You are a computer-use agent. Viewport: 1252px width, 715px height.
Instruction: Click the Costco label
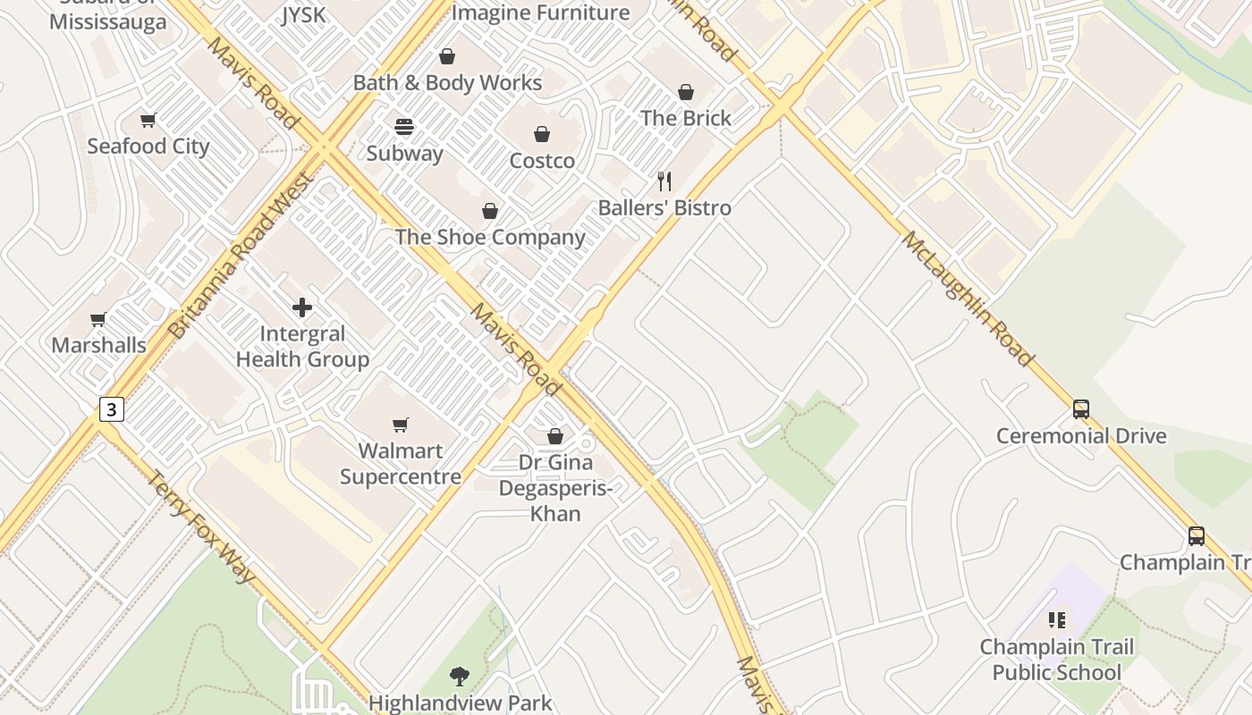[542, 161]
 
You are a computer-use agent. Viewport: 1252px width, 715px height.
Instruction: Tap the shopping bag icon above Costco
[542, 135]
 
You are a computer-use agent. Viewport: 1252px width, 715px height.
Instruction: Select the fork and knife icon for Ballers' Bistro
[664, 181]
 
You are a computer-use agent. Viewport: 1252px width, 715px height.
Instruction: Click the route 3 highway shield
[111, 409]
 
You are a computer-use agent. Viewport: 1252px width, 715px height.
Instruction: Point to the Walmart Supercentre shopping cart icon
[401, 425]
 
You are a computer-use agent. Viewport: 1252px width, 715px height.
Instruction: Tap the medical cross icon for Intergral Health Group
[302, 307]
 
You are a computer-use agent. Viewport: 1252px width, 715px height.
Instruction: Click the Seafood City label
[148, 147]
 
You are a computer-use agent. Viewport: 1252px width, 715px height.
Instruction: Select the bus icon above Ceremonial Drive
[1081, 409]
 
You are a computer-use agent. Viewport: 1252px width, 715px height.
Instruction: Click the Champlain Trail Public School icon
[1057, 619]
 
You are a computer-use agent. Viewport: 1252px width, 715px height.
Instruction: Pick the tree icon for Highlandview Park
[460, 677]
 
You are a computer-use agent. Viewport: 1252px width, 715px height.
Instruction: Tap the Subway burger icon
[404, 127]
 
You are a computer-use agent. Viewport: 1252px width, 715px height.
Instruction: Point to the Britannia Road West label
[241, 257]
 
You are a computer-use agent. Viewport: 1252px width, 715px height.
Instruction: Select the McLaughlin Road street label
[968, 299]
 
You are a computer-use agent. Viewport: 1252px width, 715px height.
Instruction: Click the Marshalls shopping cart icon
[98, 319]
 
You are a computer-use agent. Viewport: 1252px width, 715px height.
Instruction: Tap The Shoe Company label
[490, 238]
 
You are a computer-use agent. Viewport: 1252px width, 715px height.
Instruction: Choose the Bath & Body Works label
[447, 83]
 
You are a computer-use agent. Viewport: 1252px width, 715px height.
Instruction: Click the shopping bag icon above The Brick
[686, 92]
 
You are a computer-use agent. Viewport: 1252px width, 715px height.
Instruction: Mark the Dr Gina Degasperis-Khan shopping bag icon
[555, 436]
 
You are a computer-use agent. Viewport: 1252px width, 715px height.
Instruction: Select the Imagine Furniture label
[540, 13]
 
